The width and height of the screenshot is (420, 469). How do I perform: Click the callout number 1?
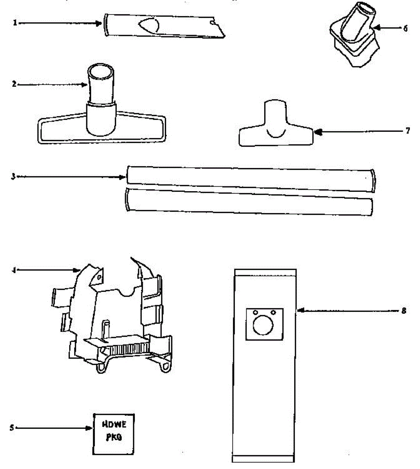tap(15, 23)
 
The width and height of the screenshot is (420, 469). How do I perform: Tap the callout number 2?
tap(14, 84)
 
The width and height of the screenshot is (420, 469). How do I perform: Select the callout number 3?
tap(13, 177)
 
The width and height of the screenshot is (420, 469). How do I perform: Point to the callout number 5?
tap(12, 428)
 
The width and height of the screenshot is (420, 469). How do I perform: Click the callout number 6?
tap(405, 29)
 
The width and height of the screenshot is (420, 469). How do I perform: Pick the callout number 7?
tap(407, 131)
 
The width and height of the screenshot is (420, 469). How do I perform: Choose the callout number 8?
tap(404, 311)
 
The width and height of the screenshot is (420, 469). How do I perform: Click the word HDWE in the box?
tap(114, 425)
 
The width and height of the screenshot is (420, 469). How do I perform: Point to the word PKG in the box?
tap(114, 437)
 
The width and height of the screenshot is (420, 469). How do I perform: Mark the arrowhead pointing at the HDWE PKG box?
tap(89, 428)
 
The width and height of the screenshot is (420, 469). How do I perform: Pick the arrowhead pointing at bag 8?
tap(300, 311)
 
